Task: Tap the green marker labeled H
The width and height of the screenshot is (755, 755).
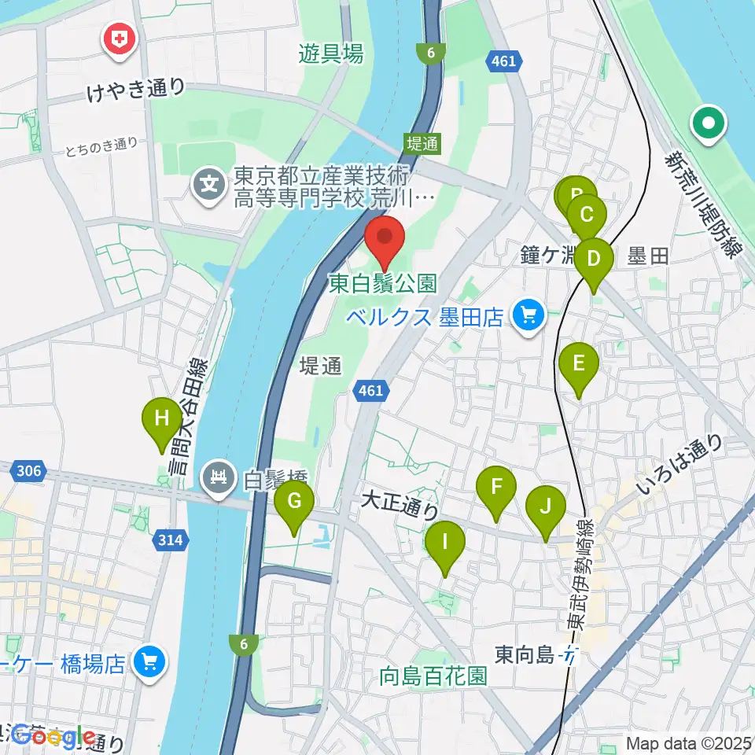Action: click(161, 420)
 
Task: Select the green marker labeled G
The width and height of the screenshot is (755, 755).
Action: click(294, 503)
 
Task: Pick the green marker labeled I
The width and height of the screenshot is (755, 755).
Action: click(444, 544)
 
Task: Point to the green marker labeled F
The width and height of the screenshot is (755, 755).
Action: click(496, 488)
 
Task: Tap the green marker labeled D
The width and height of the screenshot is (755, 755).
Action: click(594, 261)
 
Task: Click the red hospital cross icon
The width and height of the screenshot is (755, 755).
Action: click(120, 41)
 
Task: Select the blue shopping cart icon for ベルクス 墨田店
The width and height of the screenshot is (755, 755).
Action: click(526, 316)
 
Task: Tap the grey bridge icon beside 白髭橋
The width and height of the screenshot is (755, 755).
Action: click(219, 477)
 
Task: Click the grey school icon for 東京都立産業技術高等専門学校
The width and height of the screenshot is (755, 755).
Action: click(210, 186)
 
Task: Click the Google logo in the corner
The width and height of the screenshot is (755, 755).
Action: click(53, 737)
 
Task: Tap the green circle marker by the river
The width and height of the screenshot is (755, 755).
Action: click(708, 123)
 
